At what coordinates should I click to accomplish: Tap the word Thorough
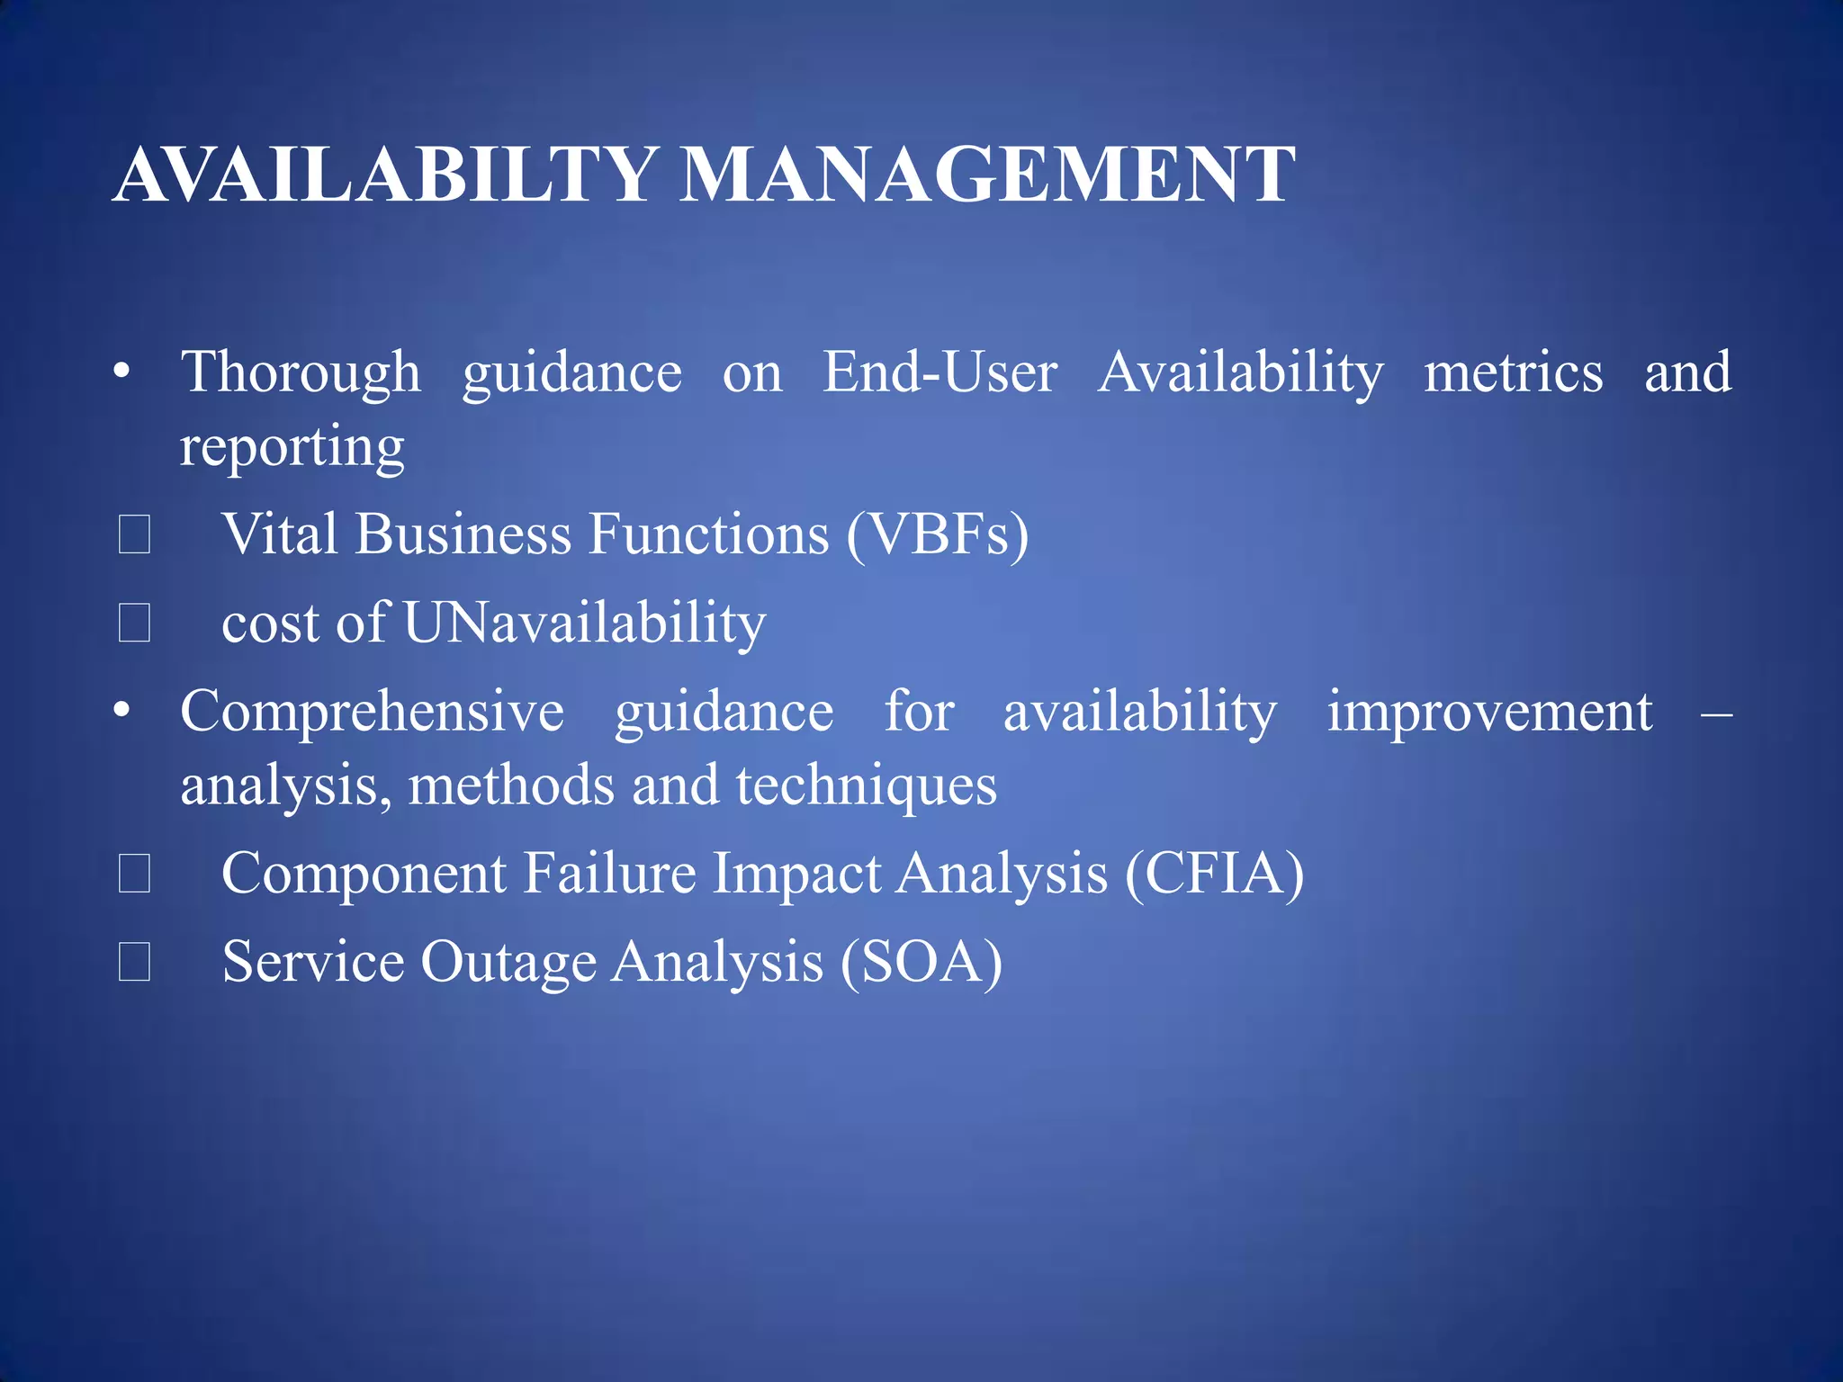(x=301, y=372)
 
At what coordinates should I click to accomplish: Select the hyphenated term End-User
(x=939, y=372)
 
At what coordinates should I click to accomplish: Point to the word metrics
(x=1513, y=372)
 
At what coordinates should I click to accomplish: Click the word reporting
(x=292, y=447)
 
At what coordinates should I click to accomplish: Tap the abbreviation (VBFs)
(x=937, y=534)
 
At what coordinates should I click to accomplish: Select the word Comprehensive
(x=372, y=712)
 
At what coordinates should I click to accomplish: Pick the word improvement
(x=1489, y=712)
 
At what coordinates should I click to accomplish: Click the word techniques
(x=866, y=785)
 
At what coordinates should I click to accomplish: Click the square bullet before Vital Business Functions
(x=134, y=534)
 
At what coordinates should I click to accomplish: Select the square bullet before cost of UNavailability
(x=134, y=623)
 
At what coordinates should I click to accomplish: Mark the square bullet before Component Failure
(x=134, y=874)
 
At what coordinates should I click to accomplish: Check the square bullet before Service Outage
(x=134, y=962)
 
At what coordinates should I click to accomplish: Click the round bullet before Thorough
(x=122, y=371)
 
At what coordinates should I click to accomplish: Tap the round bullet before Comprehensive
(x=122, y=711)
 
